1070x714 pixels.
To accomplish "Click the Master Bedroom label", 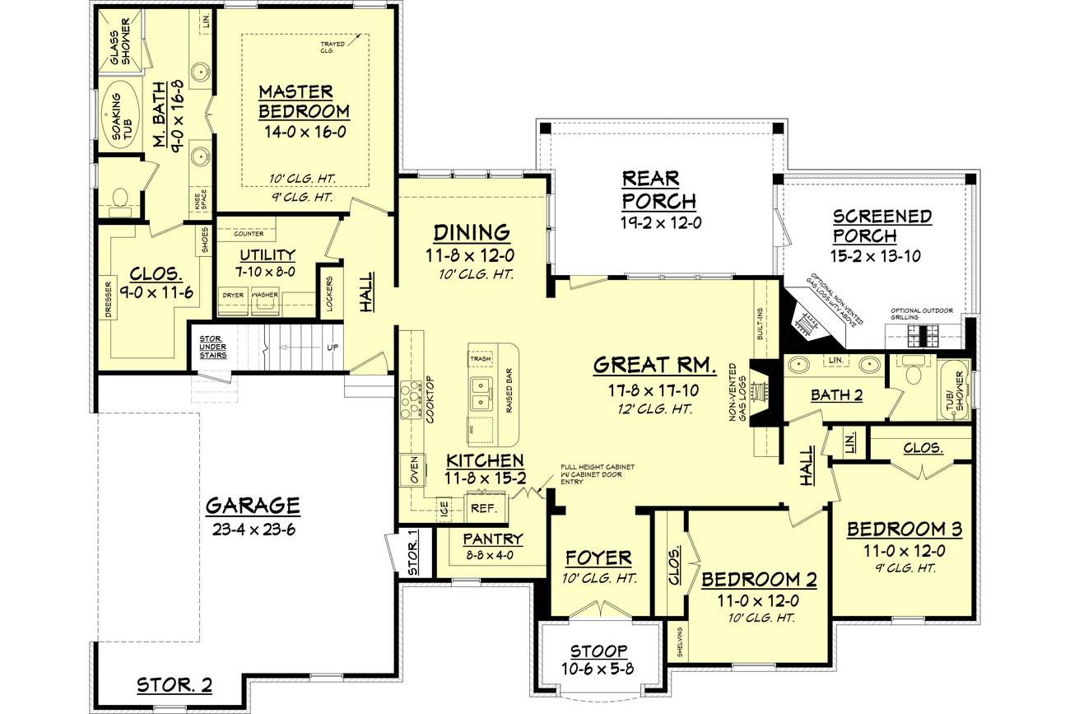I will click(x=304, y=100).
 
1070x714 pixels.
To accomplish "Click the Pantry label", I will click(x=492, y=539).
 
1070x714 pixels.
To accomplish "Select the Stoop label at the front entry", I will click(x=598, y=651).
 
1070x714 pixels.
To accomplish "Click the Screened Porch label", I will click(x=882, y=226).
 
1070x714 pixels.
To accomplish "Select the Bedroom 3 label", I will click(x=905, y=529).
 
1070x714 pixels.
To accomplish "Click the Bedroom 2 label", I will click(x=758, y=579).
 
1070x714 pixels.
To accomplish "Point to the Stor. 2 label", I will click(x=174, y=684).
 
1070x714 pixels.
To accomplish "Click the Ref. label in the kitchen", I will click(x=483, y=508).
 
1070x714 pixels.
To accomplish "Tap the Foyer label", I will click(x=598, y=558).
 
